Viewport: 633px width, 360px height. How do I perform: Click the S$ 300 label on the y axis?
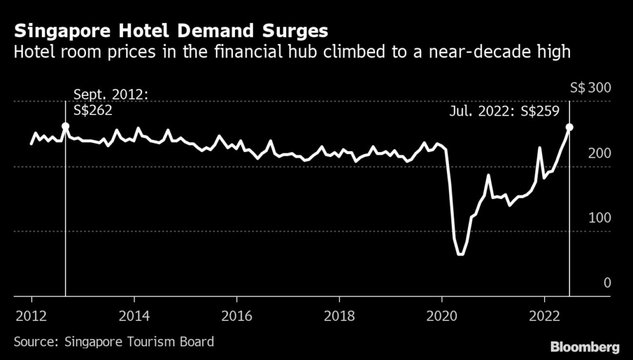590,88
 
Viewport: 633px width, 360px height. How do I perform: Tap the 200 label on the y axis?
598,153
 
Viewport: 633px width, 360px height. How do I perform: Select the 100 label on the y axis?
598,218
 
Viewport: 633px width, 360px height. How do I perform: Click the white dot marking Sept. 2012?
66,126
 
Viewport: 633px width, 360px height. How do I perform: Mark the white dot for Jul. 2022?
569,127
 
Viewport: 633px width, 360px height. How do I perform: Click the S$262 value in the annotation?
93,111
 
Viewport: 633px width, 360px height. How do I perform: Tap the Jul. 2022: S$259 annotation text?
504,111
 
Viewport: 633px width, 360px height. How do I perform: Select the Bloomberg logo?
585,346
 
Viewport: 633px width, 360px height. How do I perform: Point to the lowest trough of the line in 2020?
460,254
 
